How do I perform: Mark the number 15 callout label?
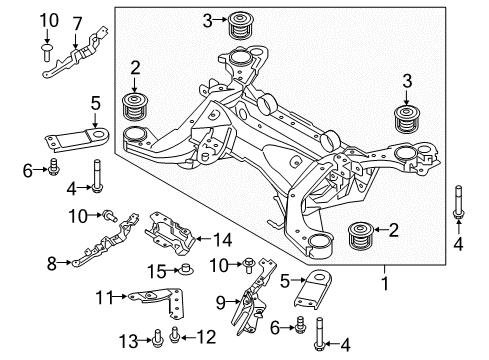click(156, 270)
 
